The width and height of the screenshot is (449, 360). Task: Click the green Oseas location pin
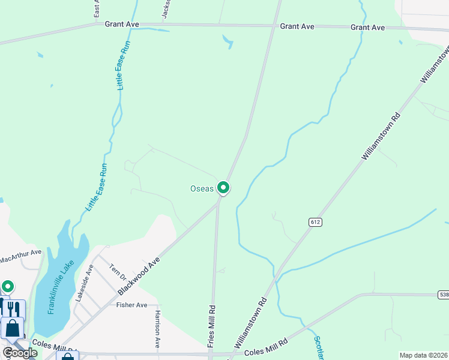pos(223,188)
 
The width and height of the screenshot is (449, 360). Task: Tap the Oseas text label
pos(202,188)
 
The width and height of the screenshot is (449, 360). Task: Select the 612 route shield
pos(315,222)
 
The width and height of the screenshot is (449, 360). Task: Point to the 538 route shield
pos(443,295)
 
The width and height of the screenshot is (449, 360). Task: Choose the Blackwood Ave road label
pos(139,276)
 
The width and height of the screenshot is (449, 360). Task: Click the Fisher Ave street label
pos(131,305)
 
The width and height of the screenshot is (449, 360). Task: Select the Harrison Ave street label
pos(158,330)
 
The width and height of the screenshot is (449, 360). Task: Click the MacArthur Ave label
pos(20,256)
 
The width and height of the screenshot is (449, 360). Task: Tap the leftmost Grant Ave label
pos(121,25)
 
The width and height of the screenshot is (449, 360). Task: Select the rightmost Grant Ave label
pos(367,28)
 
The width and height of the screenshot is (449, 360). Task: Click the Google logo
pos(20,353)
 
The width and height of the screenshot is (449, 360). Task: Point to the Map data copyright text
pos(423,355)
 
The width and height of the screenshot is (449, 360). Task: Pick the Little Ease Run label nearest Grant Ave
pos(124,66)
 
